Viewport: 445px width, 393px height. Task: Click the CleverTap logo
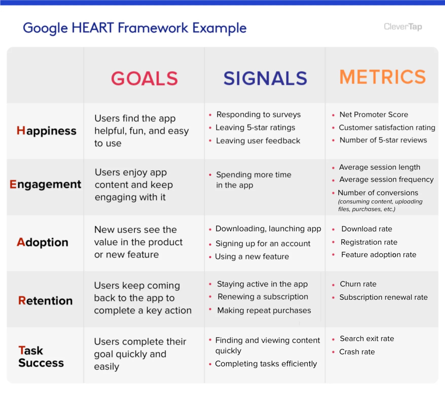pos(403,27)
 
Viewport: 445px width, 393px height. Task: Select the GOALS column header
pos(144,78)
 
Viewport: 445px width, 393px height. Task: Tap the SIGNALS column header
pos(265,78)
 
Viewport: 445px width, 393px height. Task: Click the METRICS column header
pos(382,77)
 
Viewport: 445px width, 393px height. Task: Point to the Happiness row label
pos(46,131)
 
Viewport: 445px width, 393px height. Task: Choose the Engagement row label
pos(45,184)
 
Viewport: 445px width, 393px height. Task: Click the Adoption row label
pos(43,242)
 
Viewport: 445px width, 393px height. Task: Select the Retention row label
pos(45,301)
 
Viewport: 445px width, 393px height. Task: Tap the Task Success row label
pos(41,357)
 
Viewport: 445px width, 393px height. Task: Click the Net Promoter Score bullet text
pos(374,114)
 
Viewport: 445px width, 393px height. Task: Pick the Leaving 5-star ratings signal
pos(255,127)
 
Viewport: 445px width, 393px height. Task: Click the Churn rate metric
pos(358,284)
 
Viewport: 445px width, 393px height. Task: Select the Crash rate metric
pos(357,352)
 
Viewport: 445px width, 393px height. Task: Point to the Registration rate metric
pos(369,242)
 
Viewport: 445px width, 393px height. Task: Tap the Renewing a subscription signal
pos(263,297)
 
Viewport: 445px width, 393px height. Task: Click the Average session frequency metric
pos(386,179)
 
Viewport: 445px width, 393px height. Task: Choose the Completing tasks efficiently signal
pos(266,364)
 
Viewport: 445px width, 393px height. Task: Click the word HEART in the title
pos(93,28)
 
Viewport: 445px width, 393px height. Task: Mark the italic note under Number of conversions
pos(380,205)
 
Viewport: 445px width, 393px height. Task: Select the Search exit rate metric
pos(367,339)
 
